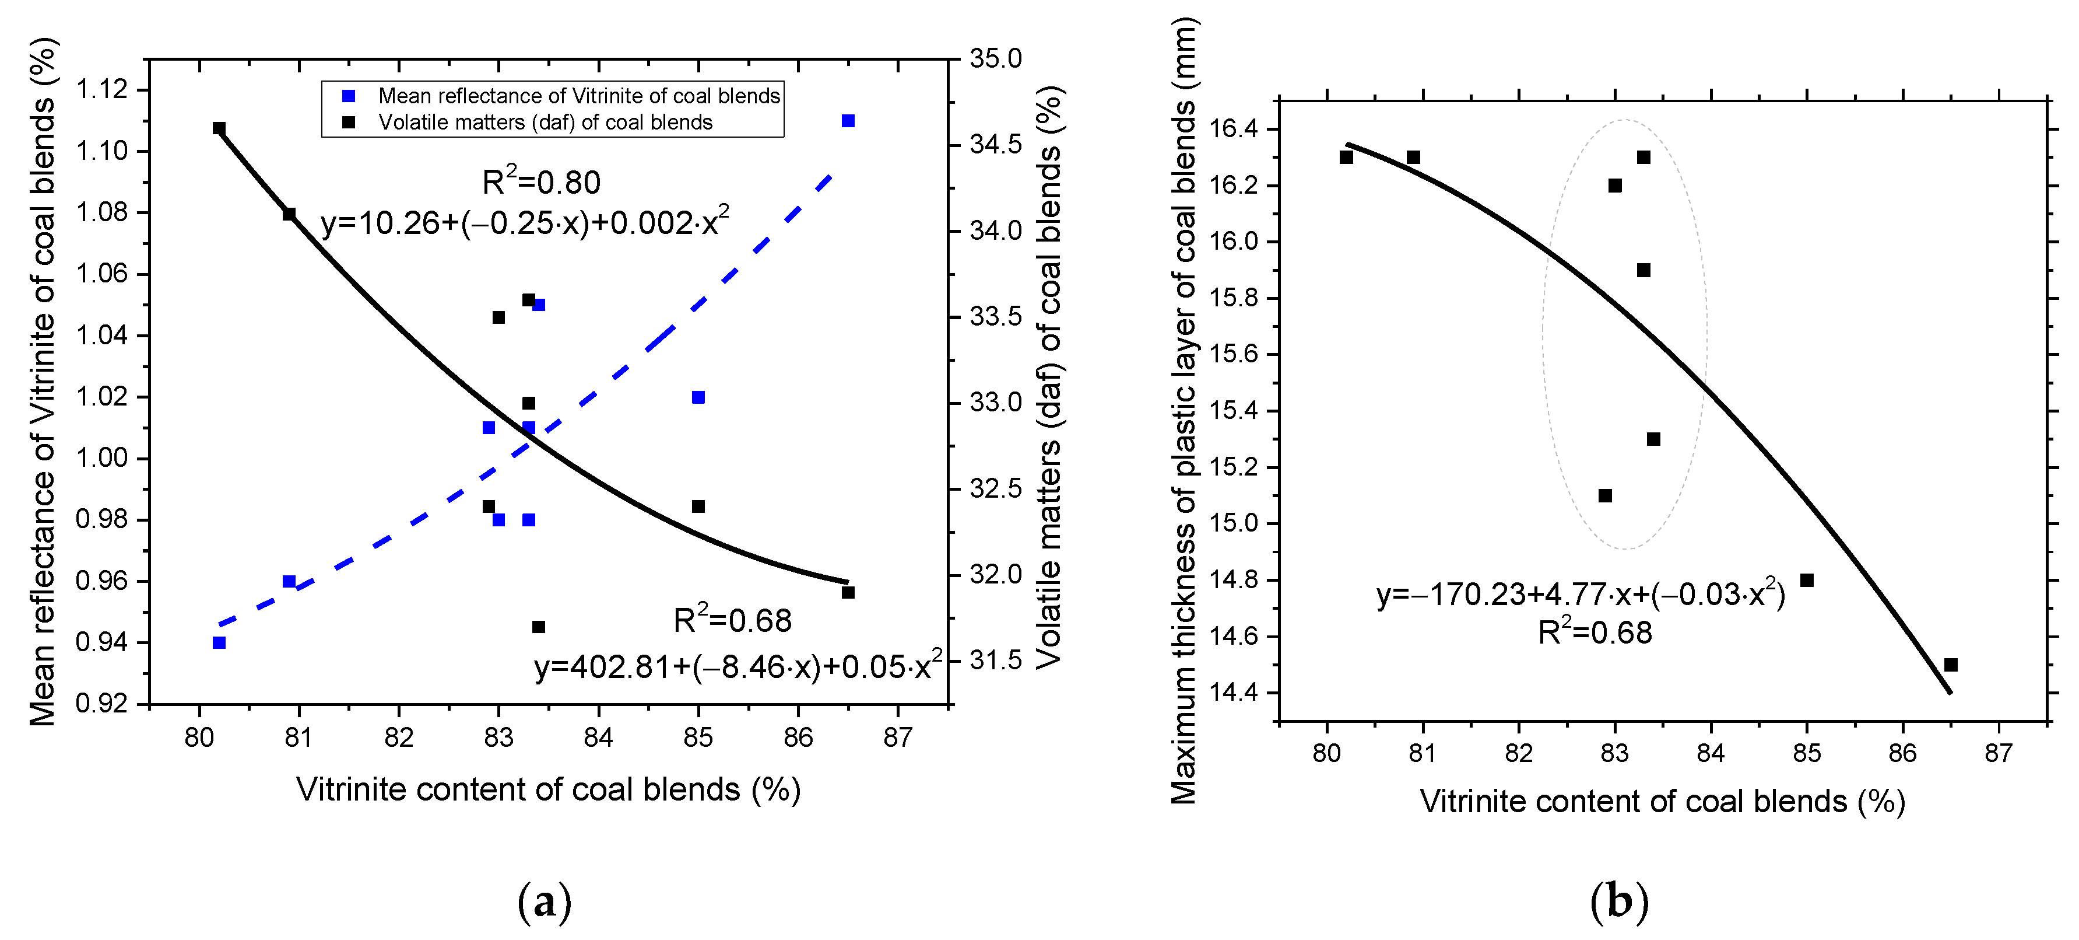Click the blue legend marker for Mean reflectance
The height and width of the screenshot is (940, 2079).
(349, 96)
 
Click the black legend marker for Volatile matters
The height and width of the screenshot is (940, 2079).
(349, 122)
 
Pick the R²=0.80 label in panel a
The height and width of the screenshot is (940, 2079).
(540, 183)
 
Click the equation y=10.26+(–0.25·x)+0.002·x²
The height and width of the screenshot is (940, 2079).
(525, 221)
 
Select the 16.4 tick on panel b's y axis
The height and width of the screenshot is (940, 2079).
(1232, 129)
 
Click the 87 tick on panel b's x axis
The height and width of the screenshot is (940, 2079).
(1999, 753)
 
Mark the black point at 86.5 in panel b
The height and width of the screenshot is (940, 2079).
(1951, 665)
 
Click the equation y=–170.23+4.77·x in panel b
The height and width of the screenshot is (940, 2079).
(1580, 595)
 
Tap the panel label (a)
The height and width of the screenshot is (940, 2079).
(544, 902)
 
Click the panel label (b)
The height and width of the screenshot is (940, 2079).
(1618, 902)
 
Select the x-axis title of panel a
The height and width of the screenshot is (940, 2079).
(548, 789)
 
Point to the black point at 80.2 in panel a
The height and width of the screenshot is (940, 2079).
(219, 128)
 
